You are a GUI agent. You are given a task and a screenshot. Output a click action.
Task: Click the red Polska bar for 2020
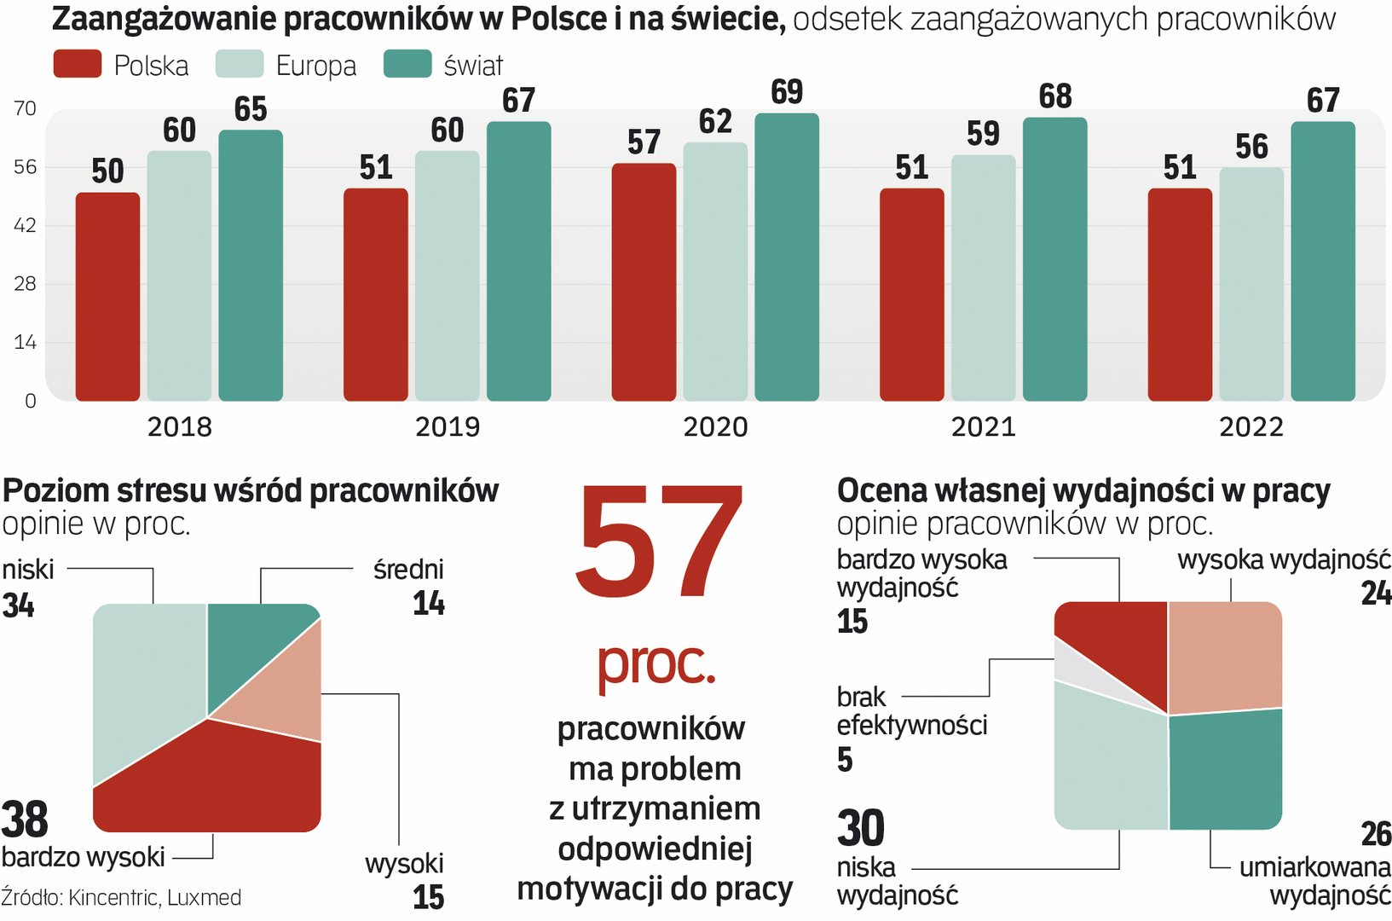click(x=644, y=281)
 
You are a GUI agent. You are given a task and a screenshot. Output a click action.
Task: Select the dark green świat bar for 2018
click(x=251, y=265)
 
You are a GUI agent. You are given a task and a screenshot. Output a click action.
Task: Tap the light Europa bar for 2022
click(x=1251, y=284)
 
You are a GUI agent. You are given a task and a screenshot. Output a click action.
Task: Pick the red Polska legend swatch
click(x=77, y=65)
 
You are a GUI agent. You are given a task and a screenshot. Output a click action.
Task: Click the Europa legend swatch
click(x=240, y=65)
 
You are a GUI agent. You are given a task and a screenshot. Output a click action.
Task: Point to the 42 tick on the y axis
click(x=26, y=225)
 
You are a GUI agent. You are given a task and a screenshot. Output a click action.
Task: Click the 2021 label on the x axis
click(x=983, y=426)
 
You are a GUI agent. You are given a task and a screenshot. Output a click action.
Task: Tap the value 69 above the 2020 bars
click(x=787, y=92)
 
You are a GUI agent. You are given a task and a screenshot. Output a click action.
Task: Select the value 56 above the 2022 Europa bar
click(x=1251, y=147)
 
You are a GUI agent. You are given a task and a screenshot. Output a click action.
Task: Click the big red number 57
click(x=657, y=542)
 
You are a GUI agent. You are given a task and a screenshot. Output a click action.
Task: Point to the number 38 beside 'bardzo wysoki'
click(x=25, y=820)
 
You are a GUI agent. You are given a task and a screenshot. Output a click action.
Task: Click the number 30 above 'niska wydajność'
click(x=861, y=828)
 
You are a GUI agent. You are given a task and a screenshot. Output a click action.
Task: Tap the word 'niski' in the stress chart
click(x=28, y=570)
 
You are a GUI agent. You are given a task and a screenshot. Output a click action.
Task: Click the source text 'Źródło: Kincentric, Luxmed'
click(x=121, y=898)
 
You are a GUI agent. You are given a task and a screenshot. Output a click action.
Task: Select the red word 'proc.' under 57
click(x=656, y=663)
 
